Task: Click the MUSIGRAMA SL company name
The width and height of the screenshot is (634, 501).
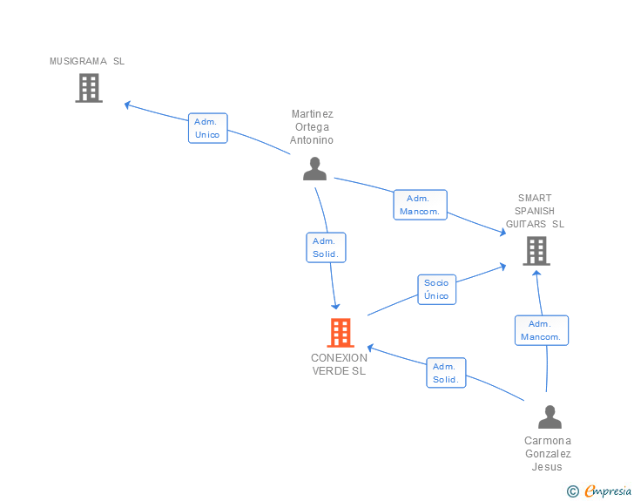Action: click(87, 61)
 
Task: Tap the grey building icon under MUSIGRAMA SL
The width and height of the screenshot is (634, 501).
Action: click(89, 88)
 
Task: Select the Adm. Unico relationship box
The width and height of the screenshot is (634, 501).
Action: click(208, 128)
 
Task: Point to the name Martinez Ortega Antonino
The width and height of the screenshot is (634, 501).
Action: click(312, 127)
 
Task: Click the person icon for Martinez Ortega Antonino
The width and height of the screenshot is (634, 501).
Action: click(314, 169)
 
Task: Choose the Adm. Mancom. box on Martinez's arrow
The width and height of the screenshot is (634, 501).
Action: click(421, 205)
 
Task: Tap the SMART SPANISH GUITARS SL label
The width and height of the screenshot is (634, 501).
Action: click(535, 211)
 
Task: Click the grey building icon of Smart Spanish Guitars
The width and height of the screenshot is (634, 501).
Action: click(536, 251)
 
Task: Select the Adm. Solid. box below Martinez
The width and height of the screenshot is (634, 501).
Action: click(327, 247)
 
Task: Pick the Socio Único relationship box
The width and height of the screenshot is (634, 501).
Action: click(436, 289)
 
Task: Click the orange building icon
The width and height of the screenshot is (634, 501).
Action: click(341, 332)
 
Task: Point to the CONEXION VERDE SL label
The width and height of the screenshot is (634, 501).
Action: click(339, 364)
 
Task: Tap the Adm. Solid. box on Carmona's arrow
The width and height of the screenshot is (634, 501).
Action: click(446, 373)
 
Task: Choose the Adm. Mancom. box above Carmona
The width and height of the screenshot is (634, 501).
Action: click(542, 330)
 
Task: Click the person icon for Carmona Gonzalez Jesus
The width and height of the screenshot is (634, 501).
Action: click(550, 417)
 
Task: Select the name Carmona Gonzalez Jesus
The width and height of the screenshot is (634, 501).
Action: click(548, 453)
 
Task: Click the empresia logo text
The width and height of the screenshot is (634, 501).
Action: click(608, 491)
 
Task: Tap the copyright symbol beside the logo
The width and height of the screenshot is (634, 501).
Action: click(573, 491)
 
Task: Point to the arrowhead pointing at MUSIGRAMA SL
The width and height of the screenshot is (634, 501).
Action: click(127, 105)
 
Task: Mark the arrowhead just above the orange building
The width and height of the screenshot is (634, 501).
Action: click(336, 305)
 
